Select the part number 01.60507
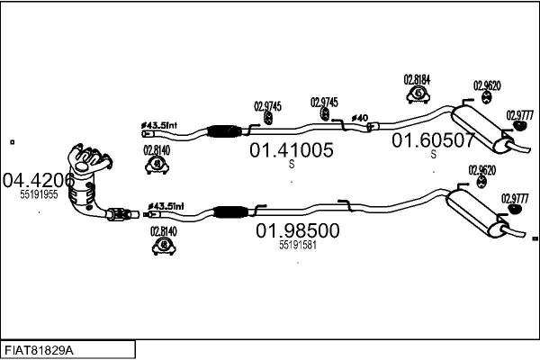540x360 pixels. coord(432,139)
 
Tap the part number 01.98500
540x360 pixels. coord(298,230)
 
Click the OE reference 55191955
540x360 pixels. coord(39,193)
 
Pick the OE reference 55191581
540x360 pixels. coord(298,245)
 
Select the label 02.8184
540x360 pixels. coord(417,79)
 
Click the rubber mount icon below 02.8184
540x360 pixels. coord(418,94)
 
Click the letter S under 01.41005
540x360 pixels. coord(291,165)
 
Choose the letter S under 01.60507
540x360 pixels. coord(433,154)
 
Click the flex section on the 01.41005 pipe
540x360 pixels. coord(220,132)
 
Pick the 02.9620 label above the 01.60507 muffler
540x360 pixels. coord(486,86)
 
